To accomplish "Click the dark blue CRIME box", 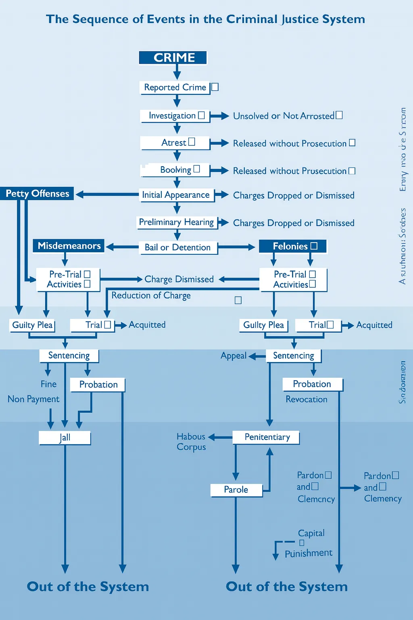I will [173, 58].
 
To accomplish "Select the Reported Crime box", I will [175, 88].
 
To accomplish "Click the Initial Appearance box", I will [176, 195].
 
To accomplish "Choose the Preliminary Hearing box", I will [176, 222].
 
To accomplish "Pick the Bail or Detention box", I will [177, 247].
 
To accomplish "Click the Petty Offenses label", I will [37, 194].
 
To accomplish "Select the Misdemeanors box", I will [69, 246].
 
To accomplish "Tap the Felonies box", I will [292, 246].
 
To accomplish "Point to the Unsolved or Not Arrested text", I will [284, 116].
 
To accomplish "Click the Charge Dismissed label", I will [179, 279].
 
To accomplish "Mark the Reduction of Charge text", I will [151, 295].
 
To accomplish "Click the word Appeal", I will [233, 356].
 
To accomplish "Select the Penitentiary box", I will [267, 437].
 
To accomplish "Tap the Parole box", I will [236, 490].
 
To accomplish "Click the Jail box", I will [65, 438].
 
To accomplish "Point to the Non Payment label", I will [33, 399].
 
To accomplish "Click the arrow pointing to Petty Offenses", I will [107, 195].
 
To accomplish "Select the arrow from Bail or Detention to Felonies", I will [236, 247].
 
